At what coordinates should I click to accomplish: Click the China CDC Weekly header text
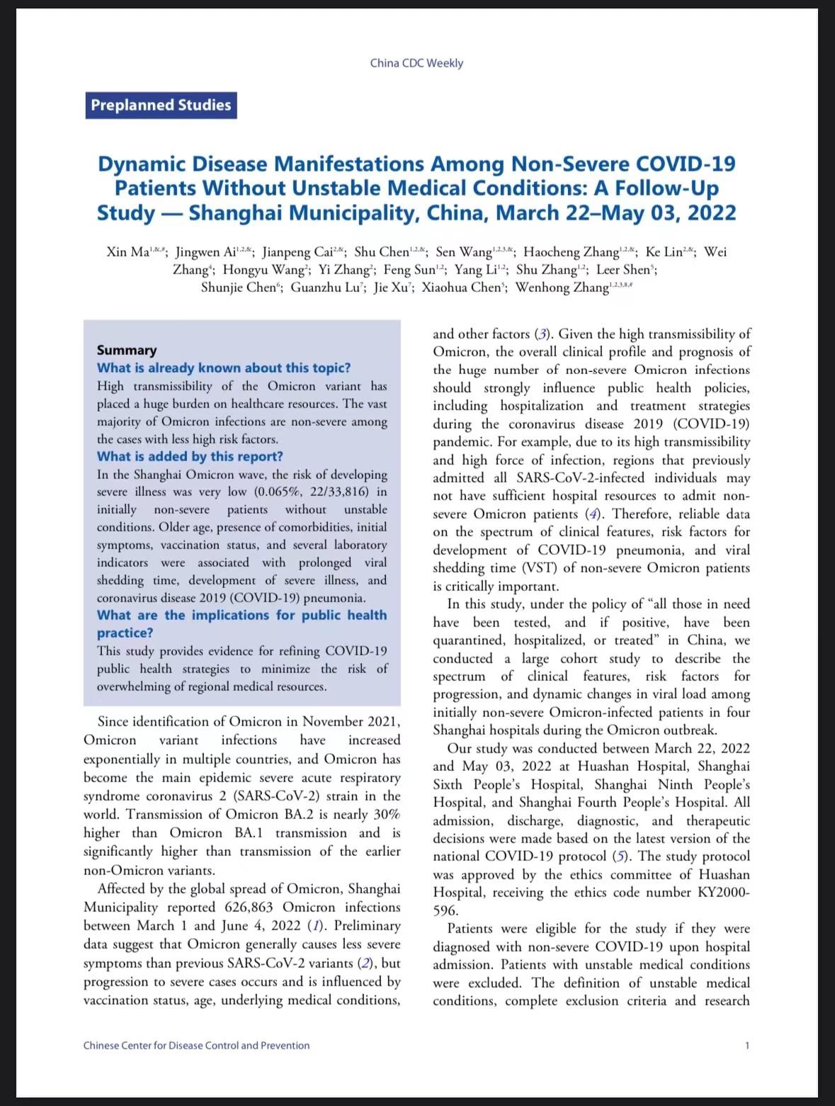tap(416, 63)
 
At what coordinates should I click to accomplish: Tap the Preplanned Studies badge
tap(161, 105)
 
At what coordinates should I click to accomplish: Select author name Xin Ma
tap(127, 252)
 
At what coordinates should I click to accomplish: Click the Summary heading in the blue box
tap(127, 350)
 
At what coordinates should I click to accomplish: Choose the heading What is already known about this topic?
tap(224, 368)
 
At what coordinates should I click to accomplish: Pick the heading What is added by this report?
tap(190, 456)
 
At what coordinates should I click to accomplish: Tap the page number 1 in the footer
tap(747, 1045)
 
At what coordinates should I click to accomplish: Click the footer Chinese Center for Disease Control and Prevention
tap(196, 1045)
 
